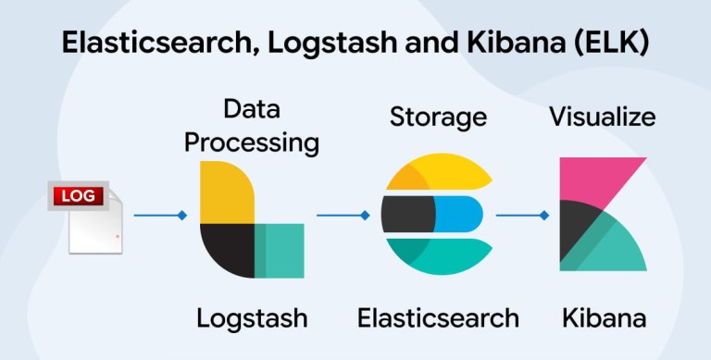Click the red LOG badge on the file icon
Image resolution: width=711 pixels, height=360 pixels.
point(79,196)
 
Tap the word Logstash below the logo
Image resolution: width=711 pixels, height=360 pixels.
point(252,318)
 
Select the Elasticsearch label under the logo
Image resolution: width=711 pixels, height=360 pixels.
point(438,317)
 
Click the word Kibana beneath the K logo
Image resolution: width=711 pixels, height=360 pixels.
point(604,317)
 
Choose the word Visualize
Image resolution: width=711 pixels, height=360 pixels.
point(603,116)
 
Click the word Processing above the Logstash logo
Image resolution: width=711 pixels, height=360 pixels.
point(252,144)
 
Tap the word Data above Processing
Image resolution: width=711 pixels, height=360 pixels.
point(252,109)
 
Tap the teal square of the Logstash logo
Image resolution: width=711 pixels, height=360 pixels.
point(280,251)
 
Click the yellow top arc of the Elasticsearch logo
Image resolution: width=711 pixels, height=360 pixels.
point(439,171)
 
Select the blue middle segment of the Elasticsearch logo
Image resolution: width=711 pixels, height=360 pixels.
point(458,214)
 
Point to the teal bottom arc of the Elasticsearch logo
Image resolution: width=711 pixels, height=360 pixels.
point(439,256)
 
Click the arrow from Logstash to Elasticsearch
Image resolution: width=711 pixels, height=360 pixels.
point(343,216)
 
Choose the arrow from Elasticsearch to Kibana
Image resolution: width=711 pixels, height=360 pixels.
point(522,216)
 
